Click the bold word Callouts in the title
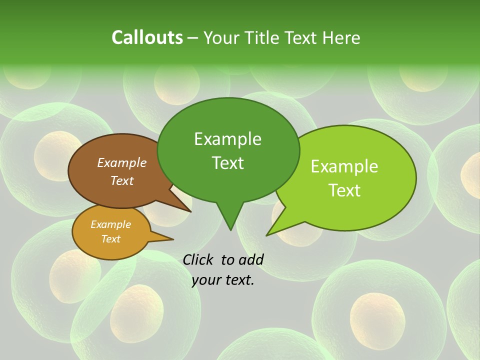point(147,37)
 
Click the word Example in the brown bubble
point(121,162)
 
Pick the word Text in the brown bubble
point(121,180)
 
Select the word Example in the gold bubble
point(110,224)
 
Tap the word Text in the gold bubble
point(110,239)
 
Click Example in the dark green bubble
point(227,139)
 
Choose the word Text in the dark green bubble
point(227,163)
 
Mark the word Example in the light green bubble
point(344,166)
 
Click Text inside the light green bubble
point(344,190)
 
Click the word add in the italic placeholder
point(250,259)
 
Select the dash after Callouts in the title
point(193,38)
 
